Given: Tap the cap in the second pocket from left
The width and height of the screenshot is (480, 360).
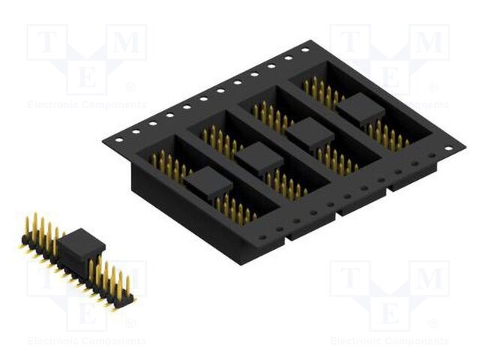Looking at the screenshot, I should (259, 158).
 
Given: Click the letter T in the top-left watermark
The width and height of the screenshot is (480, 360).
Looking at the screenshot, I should (47, 43).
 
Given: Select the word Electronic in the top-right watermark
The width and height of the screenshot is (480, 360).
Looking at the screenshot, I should (355, 105).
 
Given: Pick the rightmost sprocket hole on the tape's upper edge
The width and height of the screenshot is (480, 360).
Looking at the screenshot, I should (305, 49).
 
